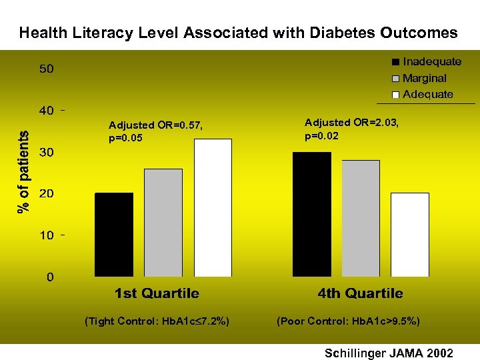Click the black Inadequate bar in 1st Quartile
tap(114, 235)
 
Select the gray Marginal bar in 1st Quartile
tap(163, 223)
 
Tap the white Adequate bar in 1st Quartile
tap(213, 208)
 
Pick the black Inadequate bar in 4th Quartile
tap(312, 214)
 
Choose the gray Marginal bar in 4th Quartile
tap(361, 219)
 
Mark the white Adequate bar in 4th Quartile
tap(410, 235)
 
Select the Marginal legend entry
tap(424, 78)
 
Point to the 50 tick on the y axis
tap(46, 69)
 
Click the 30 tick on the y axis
tap(46, 153)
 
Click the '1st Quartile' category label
tap(157, 293)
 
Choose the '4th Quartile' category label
tap(360, 293)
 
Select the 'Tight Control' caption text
tap(157, 321)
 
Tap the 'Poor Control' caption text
tap(348, 321)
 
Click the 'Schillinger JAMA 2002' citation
tap(389, 352)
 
